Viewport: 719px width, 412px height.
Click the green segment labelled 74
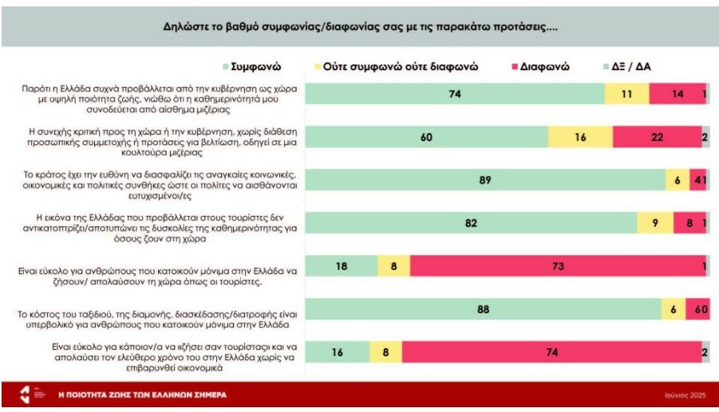[x=456, y=94]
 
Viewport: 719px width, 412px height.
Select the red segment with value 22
[x=657, y=137]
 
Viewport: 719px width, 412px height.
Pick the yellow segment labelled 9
[x=655, y=224]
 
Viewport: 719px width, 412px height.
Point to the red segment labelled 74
[x=551, y=353]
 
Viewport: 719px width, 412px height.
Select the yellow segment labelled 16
[x=581, y=137]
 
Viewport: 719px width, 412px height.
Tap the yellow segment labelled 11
[x=626, y=94]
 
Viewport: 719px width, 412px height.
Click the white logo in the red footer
[x=27, y=394]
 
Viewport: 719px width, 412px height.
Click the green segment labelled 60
[x=426, y=137]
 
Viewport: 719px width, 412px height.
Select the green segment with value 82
[x=471, y=224]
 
